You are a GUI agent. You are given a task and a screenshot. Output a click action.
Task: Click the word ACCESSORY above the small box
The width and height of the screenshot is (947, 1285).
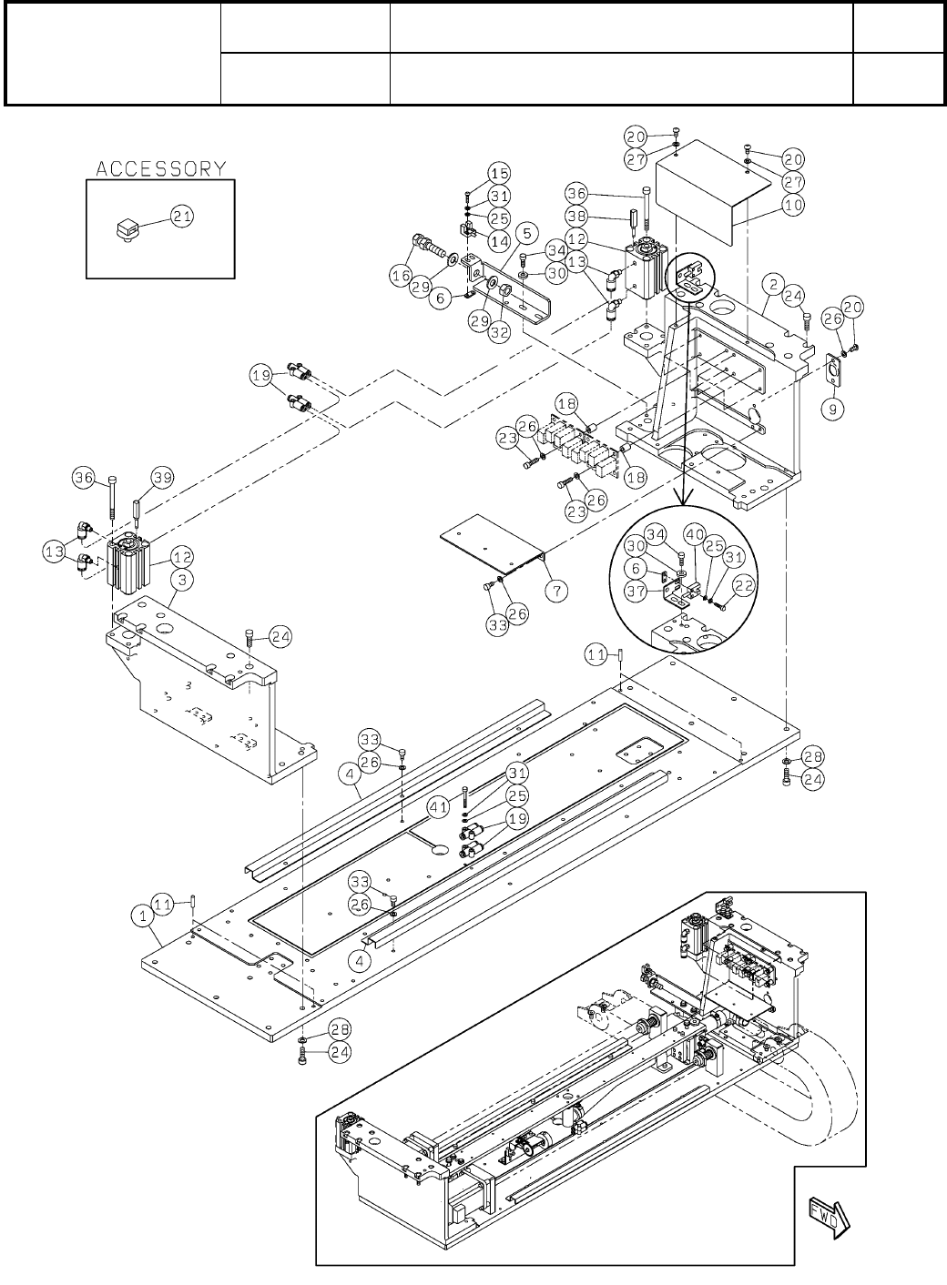point(161,168)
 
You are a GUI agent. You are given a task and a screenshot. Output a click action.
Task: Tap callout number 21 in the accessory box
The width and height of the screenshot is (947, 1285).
point(183,216)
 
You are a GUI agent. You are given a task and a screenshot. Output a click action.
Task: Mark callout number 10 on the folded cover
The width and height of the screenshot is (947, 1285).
point(793,206)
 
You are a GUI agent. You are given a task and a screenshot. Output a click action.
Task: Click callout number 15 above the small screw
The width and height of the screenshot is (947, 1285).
point(499,173)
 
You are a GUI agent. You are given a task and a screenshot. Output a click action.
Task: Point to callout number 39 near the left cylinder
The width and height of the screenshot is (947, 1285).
point(163,478)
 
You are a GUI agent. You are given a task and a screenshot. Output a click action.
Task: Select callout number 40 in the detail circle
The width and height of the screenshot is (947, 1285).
point(694,535)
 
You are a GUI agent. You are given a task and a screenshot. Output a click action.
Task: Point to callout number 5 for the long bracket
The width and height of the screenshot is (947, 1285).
point(524,233)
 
